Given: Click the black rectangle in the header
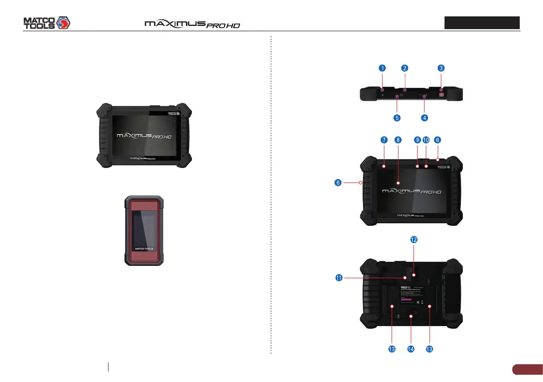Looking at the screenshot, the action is point(482,23).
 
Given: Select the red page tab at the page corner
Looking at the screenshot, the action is point(527,369).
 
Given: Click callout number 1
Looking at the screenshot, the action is point(382,68).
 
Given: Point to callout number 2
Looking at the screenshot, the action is point(404,68).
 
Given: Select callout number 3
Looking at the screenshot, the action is point(441,68).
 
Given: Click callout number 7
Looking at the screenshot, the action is point(383,140).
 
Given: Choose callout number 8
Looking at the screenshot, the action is point(398,140).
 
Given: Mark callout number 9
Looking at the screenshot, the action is point(417,140).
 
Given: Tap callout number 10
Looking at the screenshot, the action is point(426,140).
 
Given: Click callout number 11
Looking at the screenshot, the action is point(339,278).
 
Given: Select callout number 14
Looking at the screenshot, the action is point(411,349).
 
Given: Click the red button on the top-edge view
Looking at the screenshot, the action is point(441,96).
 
